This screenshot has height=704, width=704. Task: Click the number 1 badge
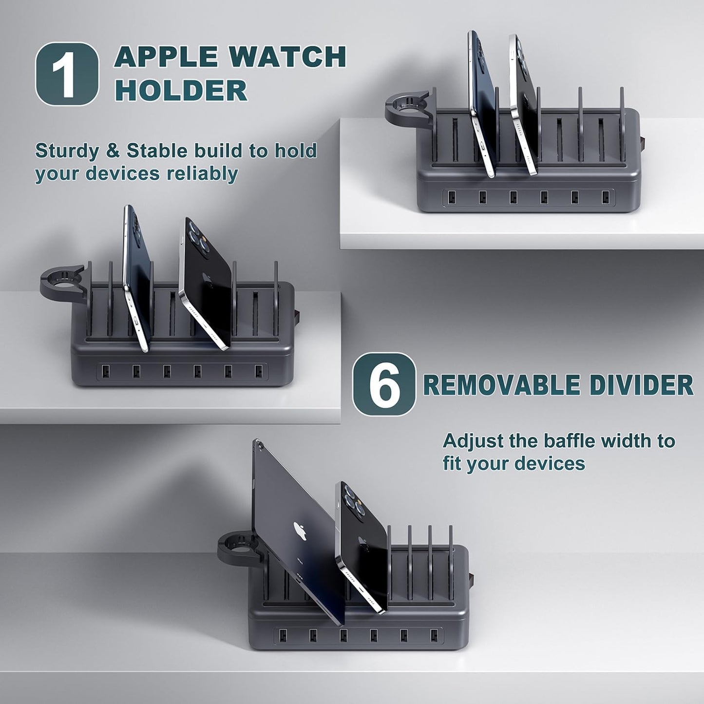coord(67,74)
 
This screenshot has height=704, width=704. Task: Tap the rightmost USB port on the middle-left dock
coord(259,371)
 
